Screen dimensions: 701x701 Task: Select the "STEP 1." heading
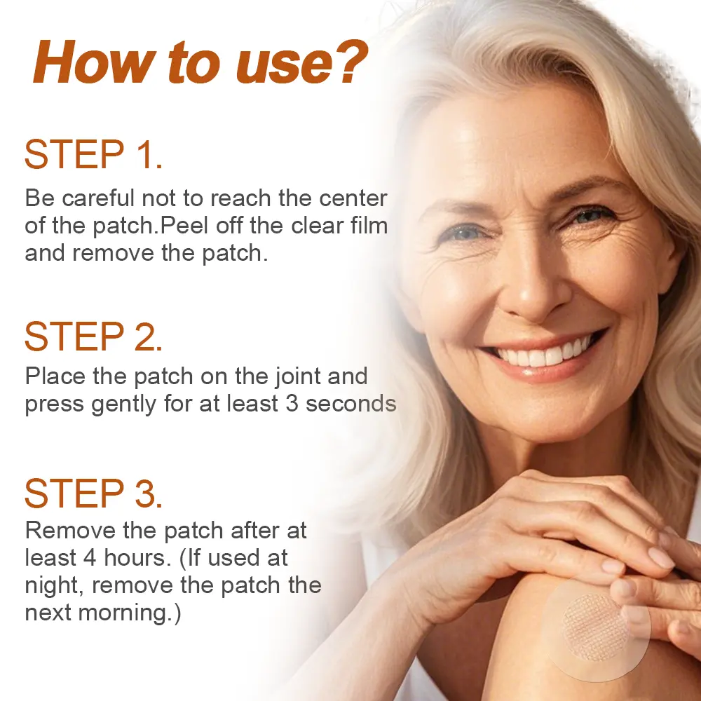click(93, 154)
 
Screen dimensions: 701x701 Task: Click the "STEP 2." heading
click(93, 336)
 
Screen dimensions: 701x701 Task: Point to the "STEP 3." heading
click(93, 493)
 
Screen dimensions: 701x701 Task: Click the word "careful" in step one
click(98, 198)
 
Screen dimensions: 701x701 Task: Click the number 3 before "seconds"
click(292, 403)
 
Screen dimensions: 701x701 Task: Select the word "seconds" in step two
click(351, 403)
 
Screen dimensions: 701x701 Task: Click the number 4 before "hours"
click(90, 557)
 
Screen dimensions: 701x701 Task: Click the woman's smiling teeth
click(543, 353)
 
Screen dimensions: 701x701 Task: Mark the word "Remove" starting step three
click(70, 531)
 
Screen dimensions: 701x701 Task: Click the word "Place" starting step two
click(55, 376)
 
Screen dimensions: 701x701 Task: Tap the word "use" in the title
click(284, 67)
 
